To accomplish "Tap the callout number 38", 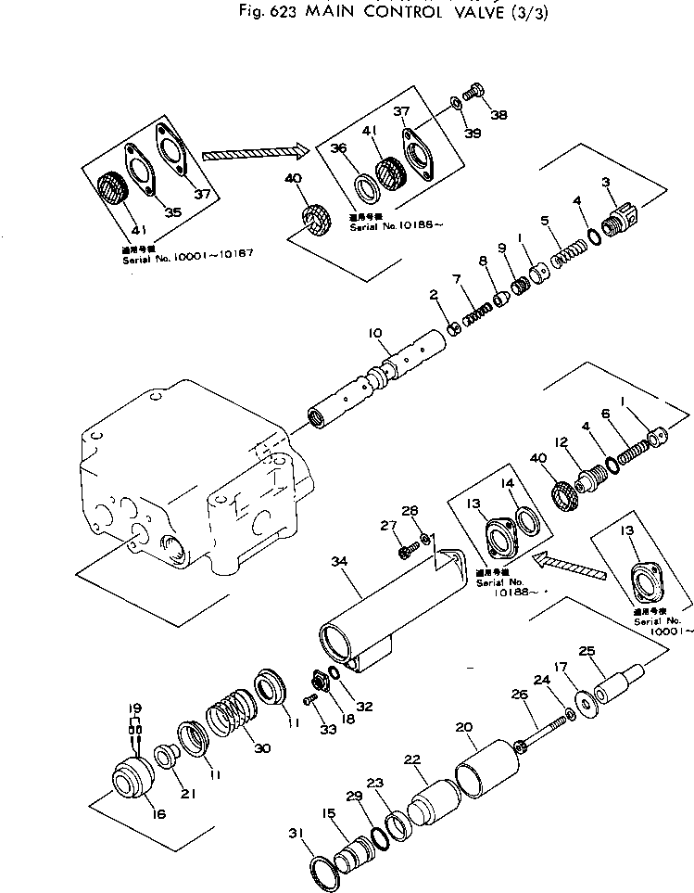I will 498,116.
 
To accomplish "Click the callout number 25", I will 585,651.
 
